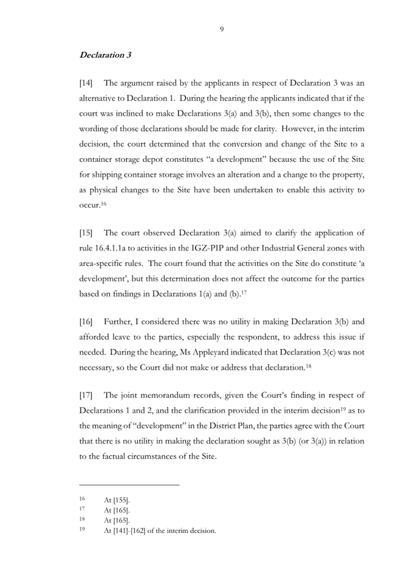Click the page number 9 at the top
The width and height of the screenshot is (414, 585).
221,29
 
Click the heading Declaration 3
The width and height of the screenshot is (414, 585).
105,55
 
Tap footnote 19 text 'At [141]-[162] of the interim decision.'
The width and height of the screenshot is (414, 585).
160,531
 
